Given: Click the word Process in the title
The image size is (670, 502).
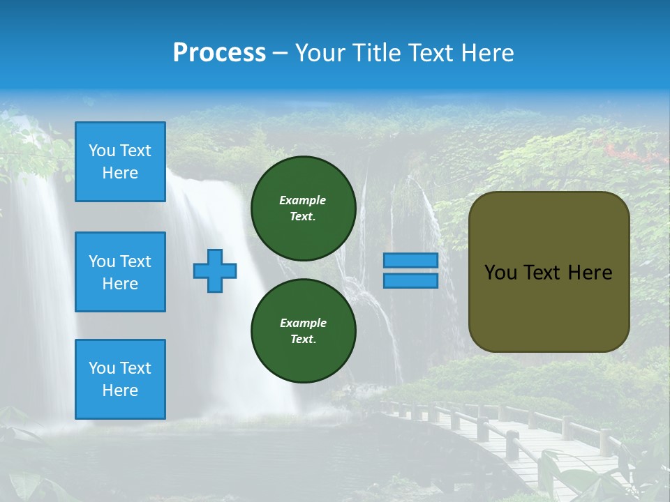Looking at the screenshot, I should coord(219,52).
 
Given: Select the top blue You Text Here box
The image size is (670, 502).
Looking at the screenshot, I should coord(120,162).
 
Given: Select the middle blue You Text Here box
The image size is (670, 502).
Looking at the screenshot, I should coord(120,272).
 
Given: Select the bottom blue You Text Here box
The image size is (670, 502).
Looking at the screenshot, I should coord(120,379).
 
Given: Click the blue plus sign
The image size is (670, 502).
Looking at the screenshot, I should coord(215,271).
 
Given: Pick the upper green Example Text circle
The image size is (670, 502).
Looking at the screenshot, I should coord(304,208).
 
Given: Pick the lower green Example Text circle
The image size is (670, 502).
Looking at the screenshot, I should coord(304,330).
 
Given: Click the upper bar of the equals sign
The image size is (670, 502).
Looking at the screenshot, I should coord(410,260).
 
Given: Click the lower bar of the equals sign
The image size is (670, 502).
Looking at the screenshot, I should coord(410,280).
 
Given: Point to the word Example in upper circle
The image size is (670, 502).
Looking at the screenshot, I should coord(302,200).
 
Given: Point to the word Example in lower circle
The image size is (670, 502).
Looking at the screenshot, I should coord(303,323).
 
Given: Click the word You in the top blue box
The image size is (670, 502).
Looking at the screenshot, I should coord(102,151).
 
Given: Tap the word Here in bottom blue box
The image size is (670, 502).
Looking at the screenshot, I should coord(120,390).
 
